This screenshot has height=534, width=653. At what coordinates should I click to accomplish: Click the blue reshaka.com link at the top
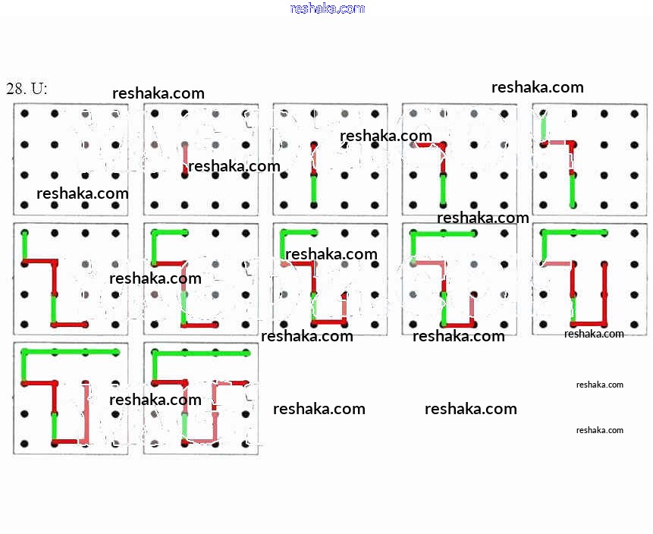coord(327,8)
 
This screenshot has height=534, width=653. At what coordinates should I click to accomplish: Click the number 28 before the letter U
coord(15,89)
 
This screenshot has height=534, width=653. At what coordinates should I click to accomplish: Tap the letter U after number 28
coord(39,89)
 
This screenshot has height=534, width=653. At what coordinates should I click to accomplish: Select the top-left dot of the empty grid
coord(24,114)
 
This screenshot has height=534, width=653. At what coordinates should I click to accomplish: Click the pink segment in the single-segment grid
coord(185,159)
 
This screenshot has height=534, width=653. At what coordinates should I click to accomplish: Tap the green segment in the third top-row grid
coord(314,189)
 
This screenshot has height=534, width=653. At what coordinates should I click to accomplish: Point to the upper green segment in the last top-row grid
coord(544,127)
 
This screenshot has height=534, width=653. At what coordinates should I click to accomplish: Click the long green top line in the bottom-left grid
coord(70,351)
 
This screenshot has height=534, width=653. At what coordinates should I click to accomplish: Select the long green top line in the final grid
coord(201,353)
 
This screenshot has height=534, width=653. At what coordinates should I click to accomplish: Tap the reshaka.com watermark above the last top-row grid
coord(537,87)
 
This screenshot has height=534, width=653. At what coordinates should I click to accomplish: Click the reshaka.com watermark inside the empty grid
coord(82,193)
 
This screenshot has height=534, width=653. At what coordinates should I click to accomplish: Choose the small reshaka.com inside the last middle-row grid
coord(594,334)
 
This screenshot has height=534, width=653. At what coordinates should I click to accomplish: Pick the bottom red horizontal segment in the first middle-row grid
coord(68,324)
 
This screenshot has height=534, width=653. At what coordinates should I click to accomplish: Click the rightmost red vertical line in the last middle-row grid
coord(604,293)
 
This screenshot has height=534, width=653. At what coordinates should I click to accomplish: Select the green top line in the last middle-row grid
coord(574,231)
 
